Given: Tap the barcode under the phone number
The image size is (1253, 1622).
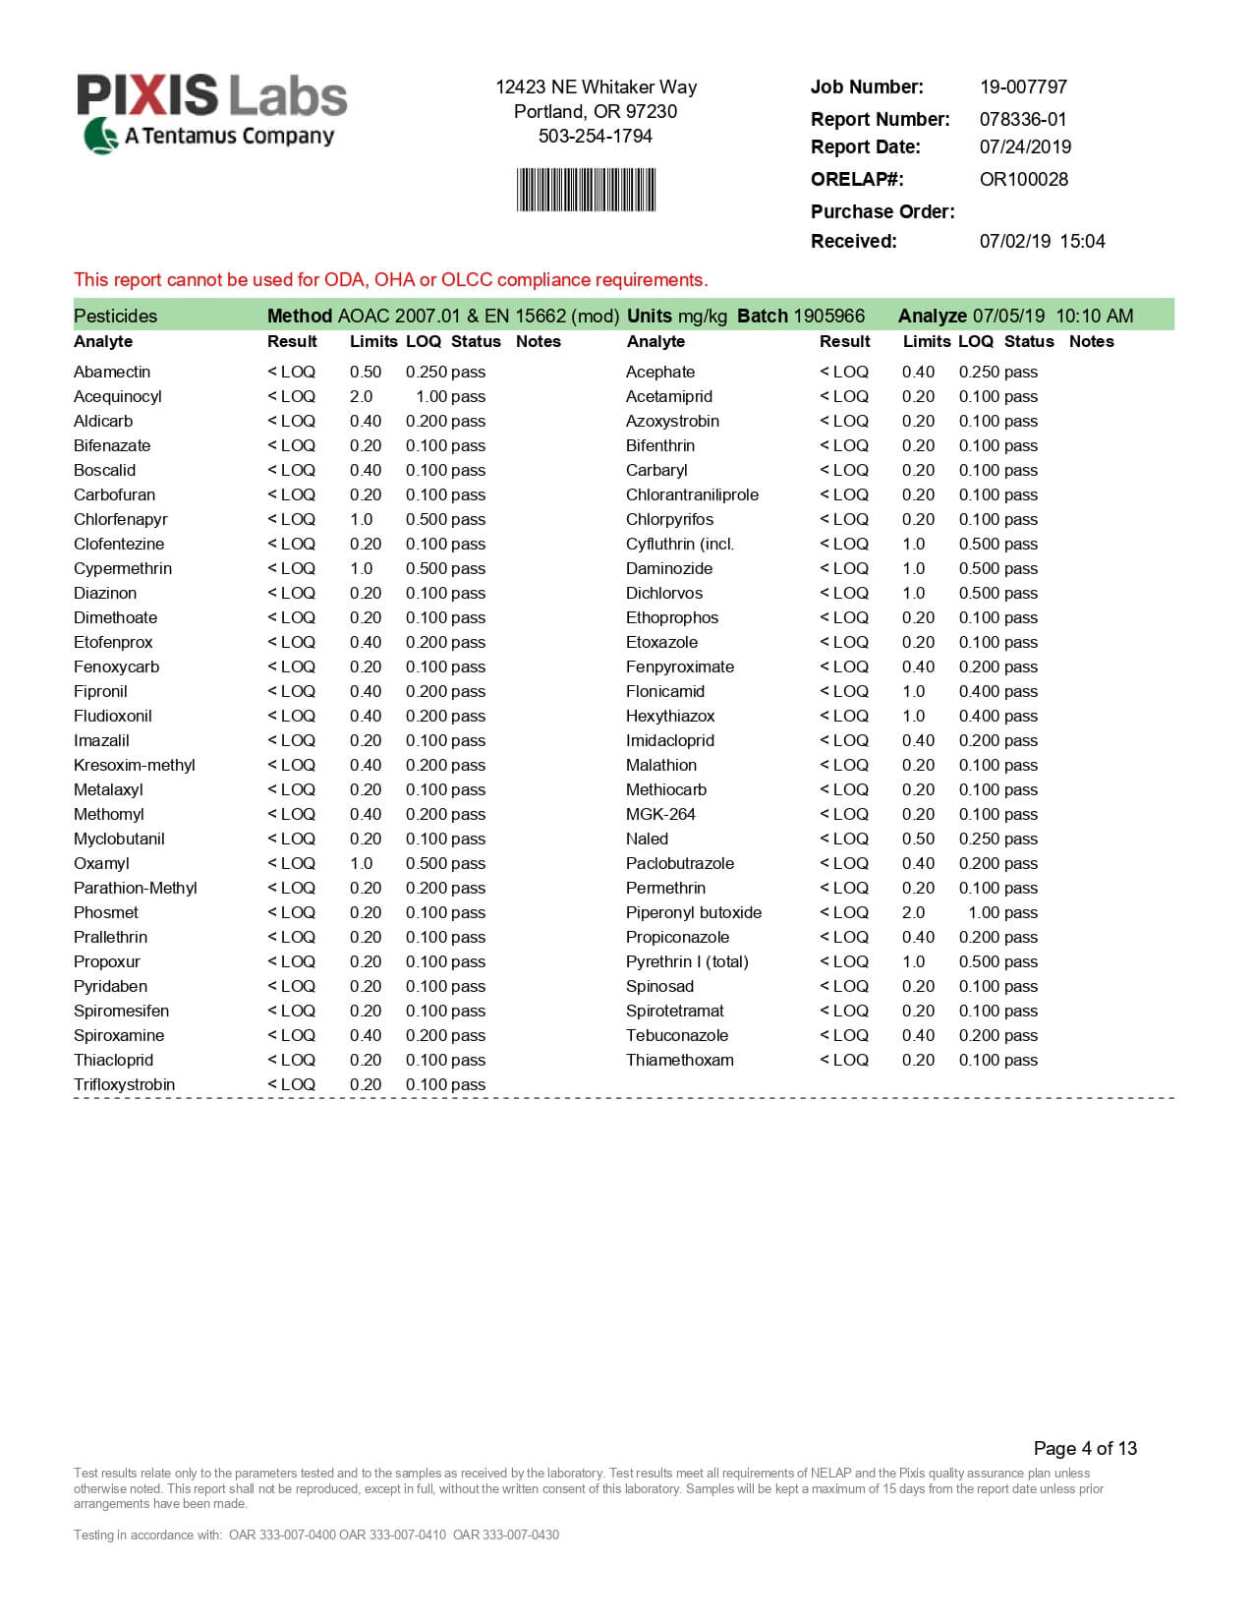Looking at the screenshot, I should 586,190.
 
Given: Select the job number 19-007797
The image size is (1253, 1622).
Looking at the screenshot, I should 1023,87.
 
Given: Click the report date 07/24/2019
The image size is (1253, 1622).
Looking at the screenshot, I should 1025,146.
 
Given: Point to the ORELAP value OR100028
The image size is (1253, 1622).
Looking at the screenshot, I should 1023,179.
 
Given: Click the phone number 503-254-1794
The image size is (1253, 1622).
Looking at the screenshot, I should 595,136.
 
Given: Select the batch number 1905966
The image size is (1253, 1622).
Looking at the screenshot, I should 828,316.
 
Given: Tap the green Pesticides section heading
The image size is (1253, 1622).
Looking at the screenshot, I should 115,316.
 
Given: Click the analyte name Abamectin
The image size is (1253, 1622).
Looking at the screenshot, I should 112,372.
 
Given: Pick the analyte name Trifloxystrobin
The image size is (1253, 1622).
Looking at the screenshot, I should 124,1084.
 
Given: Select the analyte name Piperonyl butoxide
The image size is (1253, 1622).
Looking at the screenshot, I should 693,912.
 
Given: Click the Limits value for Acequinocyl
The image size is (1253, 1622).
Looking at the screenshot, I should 362,396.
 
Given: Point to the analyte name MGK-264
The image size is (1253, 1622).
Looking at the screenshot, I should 660,814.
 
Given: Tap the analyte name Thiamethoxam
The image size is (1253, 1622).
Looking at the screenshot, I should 679,1060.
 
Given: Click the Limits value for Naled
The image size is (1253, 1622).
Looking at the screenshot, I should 918,839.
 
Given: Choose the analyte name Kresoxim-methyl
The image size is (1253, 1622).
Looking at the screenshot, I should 135,765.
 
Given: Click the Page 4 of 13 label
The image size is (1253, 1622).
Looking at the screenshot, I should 1085,1448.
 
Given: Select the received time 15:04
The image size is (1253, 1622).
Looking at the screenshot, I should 1082,241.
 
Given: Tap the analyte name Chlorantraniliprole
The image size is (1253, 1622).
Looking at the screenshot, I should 692,494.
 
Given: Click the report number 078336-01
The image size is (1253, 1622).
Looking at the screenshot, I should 1023,119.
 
